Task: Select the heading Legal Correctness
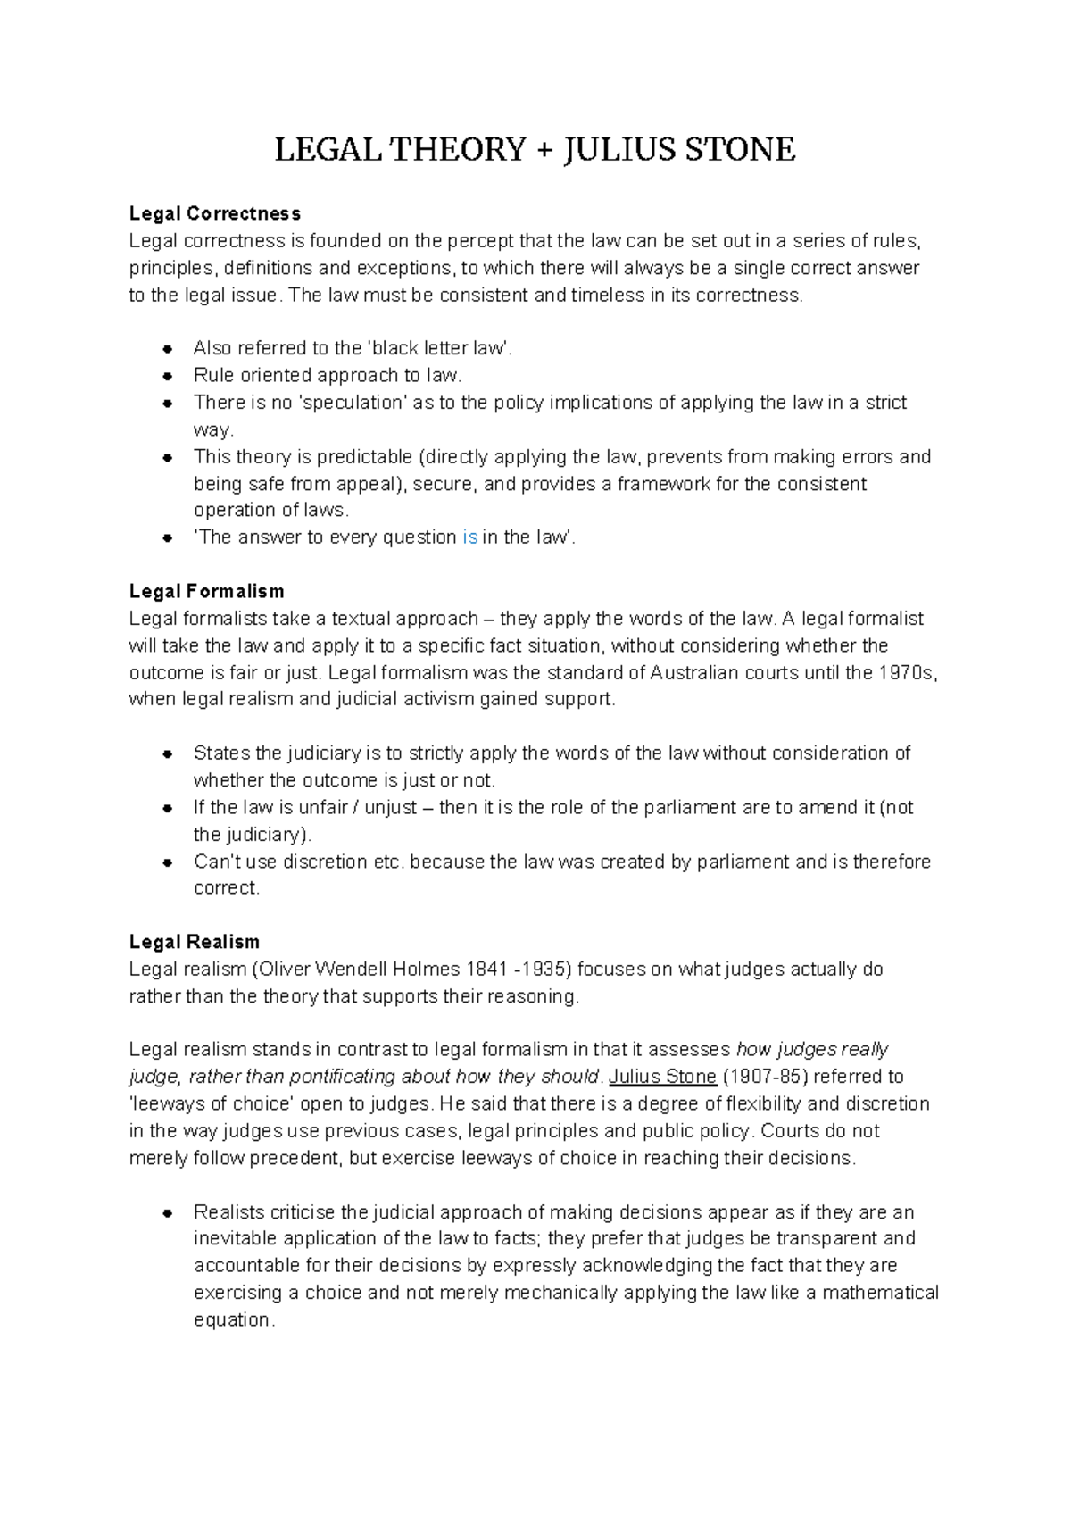coord(214,213)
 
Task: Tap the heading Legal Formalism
coord(206,591)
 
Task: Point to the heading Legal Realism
coord(194,942)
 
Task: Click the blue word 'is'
coord(470,537)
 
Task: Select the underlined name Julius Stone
coord(662,1076)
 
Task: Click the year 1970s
coord(908,672)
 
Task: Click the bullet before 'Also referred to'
coord(167,349)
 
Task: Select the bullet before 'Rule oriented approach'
coord(167,376)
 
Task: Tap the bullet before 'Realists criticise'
coord(167,1213)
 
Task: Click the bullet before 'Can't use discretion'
coord(167,862)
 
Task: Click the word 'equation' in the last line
coord(232,1320)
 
